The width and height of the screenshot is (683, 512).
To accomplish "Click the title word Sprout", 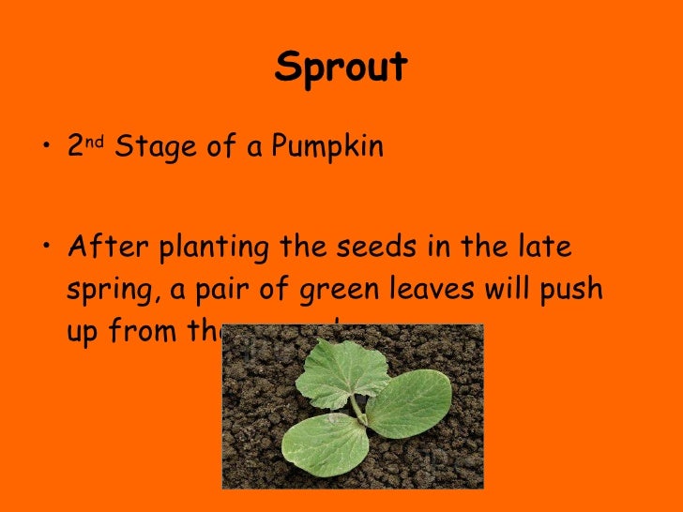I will point(341,68).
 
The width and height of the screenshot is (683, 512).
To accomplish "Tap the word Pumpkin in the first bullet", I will point(328,148).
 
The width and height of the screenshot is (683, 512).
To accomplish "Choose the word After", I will point(107,248).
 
